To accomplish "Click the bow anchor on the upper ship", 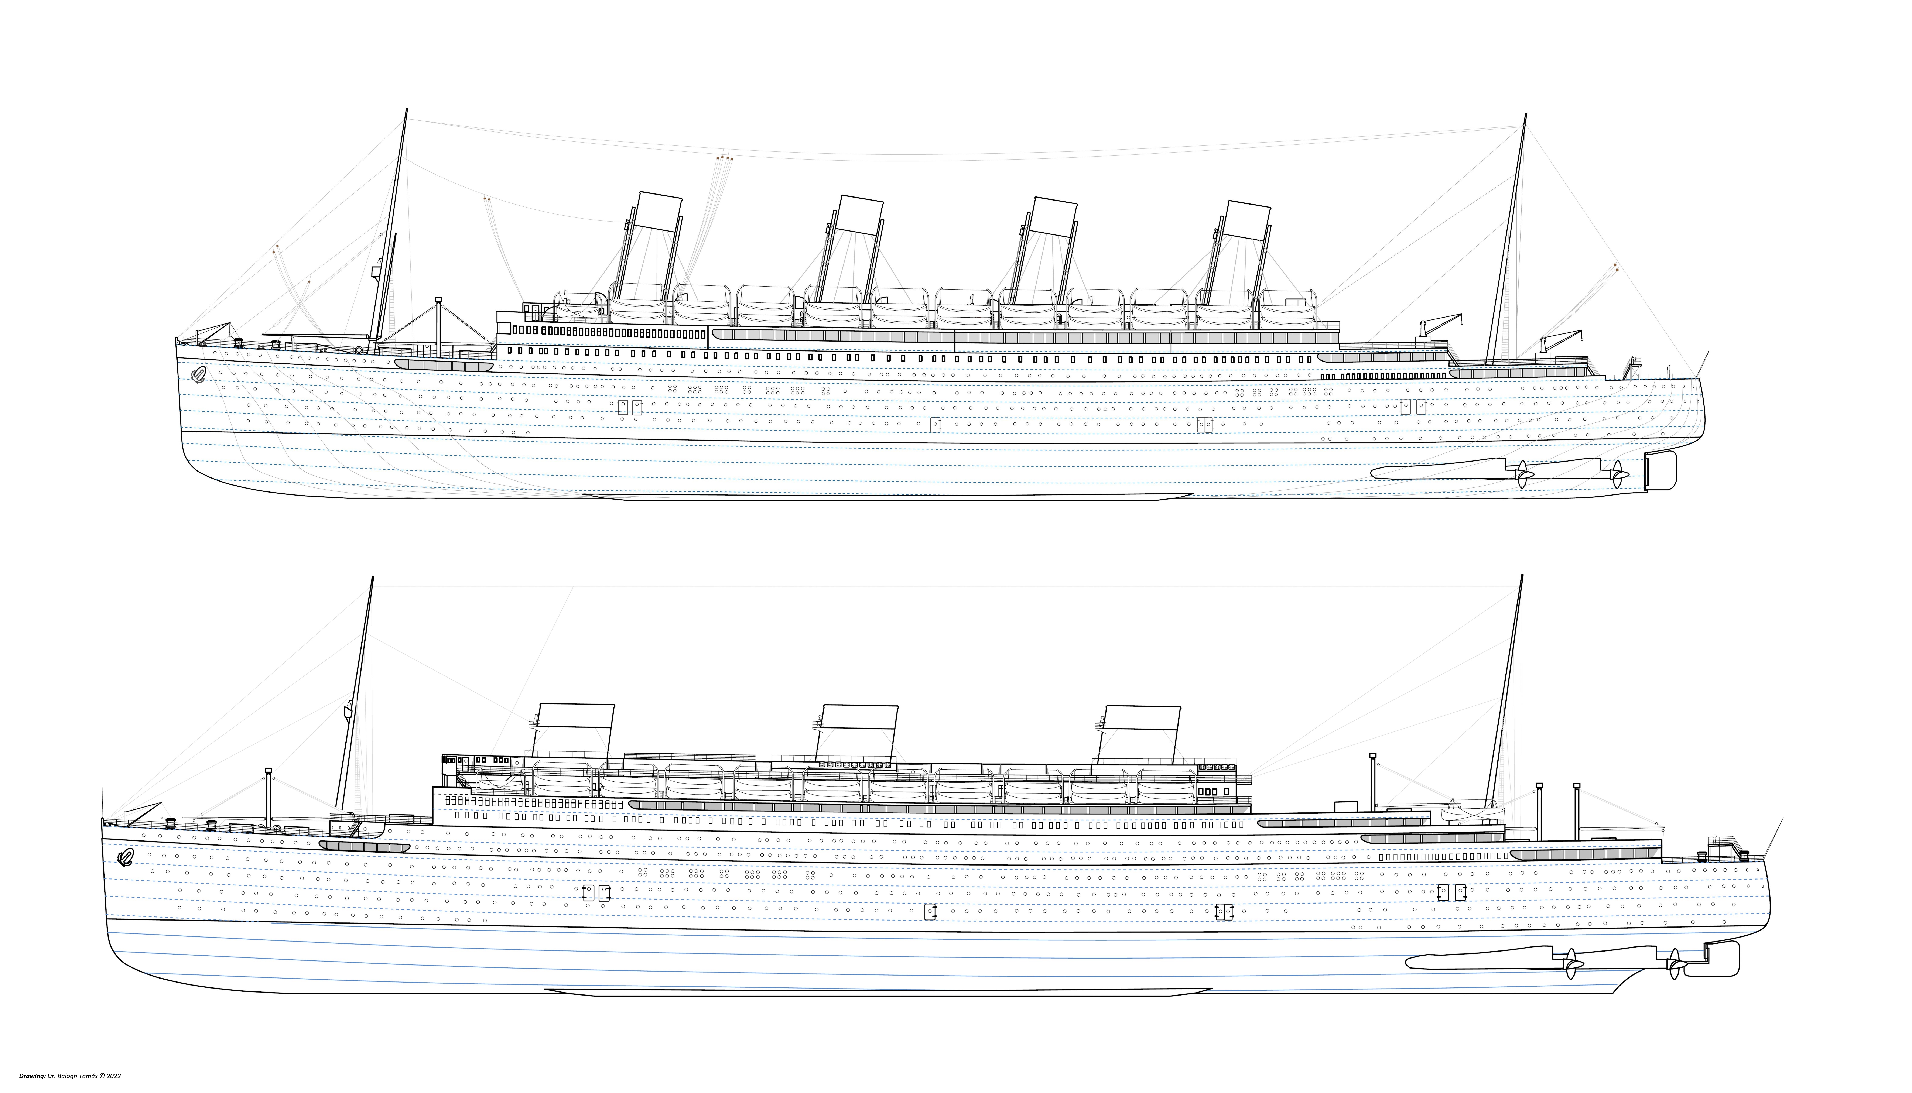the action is pos(198,374).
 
